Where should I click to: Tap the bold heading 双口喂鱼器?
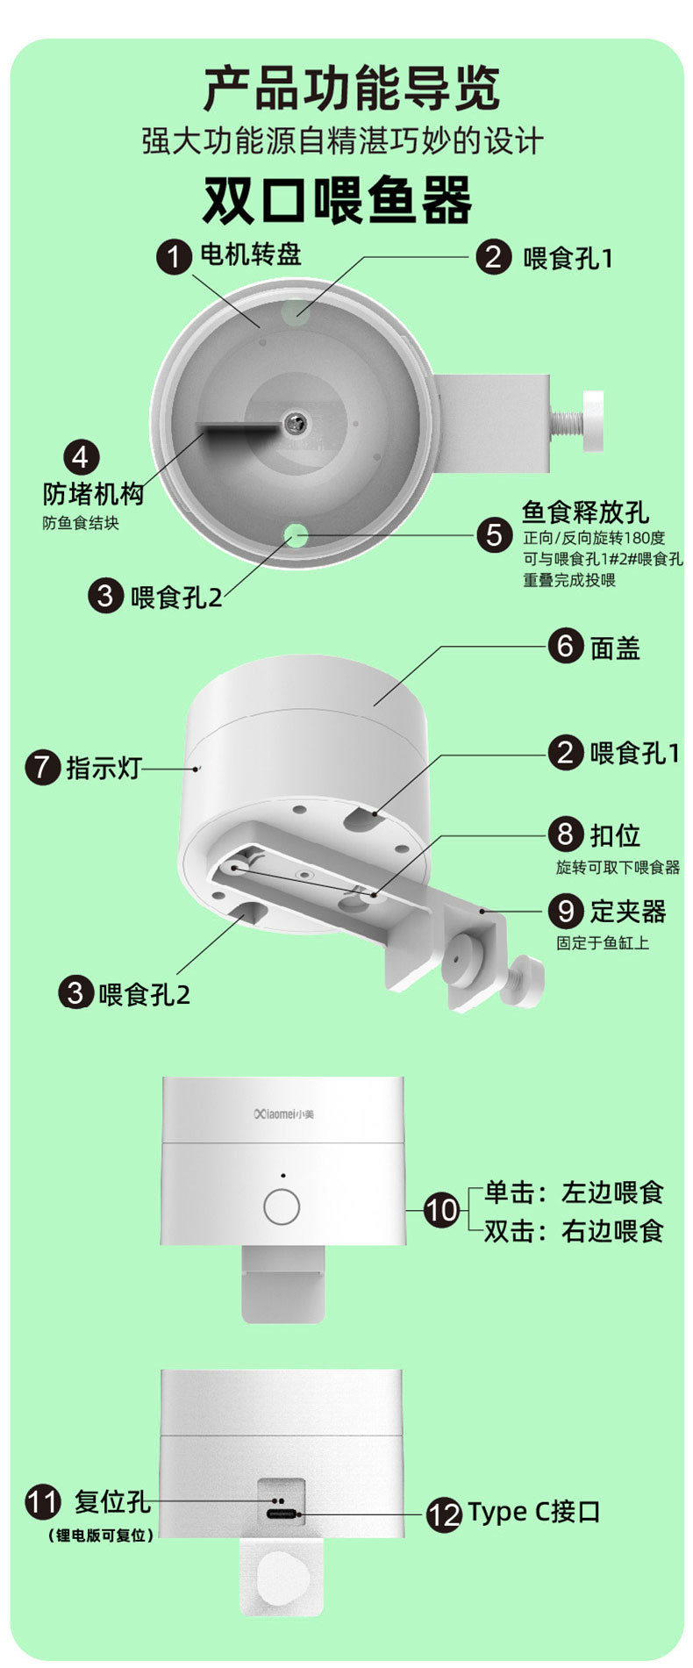pos(338,200)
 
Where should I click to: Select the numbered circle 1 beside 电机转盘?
pos(174,257)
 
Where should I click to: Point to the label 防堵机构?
pos(93,494)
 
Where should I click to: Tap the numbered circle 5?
pos(495,534)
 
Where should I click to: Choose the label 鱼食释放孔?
pos(585,512)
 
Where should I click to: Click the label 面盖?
pos(615,648)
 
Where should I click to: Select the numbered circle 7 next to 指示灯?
pos(42,767)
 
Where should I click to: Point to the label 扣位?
pos(615,834)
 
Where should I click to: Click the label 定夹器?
pos(628,911)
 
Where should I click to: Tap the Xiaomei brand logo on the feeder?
pos(282,1113)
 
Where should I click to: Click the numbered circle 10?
pos(441,1210)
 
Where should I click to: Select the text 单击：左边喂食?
pos(575,1192)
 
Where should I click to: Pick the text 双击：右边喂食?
pos(575,1231)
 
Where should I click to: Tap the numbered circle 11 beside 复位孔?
pos(42,1501)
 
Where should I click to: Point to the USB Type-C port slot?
pos(282,1514)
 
